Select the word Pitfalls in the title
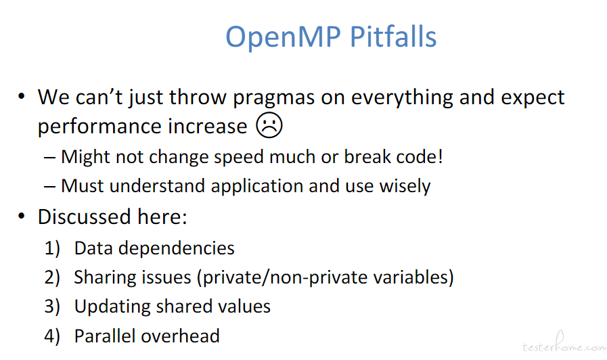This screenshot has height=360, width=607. pos(393,37)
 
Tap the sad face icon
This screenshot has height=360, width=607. pos(269,125)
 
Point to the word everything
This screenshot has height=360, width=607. pos(402,98)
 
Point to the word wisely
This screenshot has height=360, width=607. pos(405,187)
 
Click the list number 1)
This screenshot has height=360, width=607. pos(52,248)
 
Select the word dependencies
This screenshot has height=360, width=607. pos(177,248)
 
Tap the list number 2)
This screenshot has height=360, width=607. pos(52,277)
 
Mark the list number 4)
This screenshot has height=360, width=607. pos(52,336)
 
